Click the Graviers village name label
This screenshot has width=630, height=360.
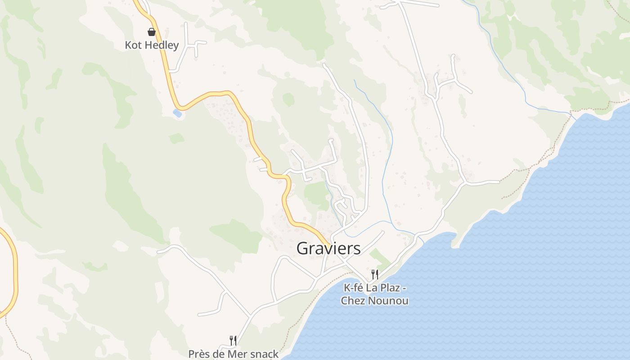pyautogui.click(x=328, y=248)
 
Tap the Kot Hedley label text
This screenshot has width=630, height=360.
pyautogui.click(x=152, y=45)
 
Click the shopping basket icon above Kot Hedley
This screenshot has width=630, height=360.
pyautogui.click(x=152, y=32)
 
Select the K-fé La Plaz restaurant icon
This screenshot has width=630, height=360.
pyautogui.click(x=374, y=274)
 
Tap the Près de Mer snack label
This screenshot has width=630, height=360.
pyautogui.click(x=233, y=354)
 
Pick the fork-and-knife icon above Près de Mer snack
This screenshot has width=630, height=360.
pyautogui.click(x=233, y=341)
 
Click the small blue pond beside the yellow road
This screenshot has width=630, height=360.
pyautogui.click(x=177, y=113)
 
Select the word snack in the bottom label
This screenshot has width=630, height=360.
pyautogui.click(x=264, y=354)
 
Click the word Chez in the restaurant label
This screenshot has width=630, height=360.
pyautogui.click(x=355, y=301)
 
